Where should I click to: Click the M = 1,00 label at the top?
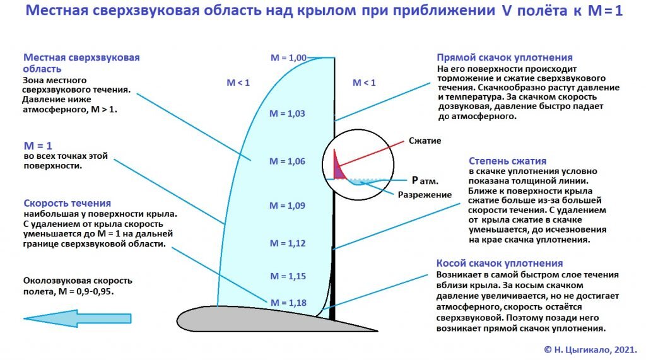(288, 58)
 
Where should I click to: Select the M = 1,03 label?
(287, 113)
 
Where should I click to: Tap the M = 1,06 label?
(287, 161)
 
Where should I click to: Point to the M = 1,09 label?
(287, 206)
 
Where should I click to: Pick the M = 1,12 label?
(287, 243)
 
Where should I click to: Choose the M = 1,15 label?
(288, 276)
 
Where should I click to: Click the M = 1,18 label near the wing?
(288, 303)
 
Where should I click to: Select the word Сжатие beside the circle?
(425, 140)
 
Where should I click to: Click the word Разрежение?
(425, 194)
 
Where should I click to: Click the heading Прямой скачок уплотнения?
(505, 57)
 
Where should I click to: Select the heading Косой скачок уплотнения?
(500, 263)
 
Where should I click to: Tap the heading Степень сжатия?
(507, 161)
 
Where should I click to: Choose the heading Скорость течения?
(67, 203)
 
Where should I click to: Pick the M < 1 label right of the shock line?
(364, 83)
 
